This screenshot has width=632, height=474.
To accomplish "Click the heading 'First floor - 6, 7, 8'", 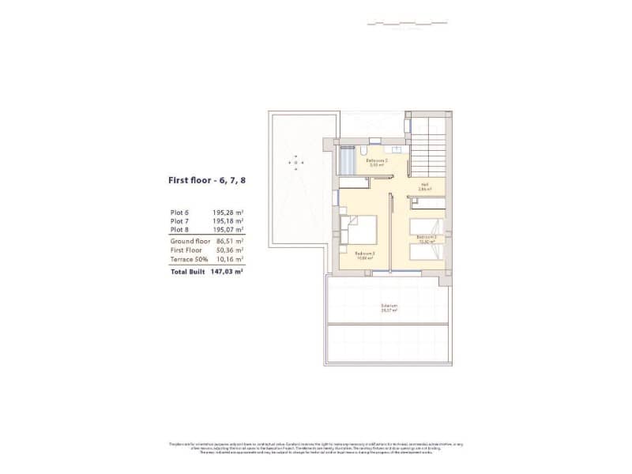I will pyautogui.click(x=206, y=180).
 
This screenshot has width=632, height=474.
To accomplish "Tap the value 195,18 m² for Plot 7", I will pyautogui.click(x=228, y=220).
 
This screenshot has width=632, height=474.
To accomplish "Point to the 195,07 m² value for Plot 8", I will pyautogui.click(x=228, y=229).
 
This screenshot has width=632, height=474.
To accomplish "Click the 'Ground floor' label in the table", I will pyautogui.click(x=190, y=240).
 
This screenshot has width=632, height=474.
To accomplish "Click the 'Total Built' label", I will pyautogui.click(x=188, y=271).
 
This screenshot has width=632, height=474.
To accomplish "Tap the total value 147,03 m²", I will pyautogui.click(x=227, y=271).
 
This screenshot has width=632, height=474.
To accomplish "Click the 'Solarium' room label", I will pyautogui.click(x=388, y=306).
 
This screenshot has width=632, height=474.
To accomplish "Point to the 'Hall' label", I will pyautogui.click(x=423, y=187).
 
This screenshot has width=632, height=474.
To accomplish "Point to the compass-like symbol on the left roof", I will pyautogui.click(x=296, y=161).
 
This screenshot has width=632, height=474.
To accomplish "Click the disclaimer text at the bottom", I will pyautogui.click(x=316, y=446).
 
